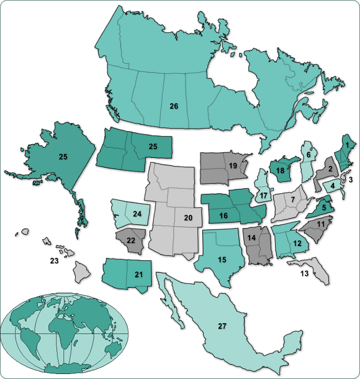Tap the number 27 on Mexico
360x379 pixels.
(222, 326)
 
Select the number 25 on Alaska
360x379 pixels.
(63, 157)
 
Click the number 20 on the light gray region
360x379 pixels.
(188, 217)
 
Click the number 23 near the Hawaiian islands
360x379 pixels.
(54, 261)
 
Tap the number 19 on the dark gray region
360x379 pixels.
(233, 166)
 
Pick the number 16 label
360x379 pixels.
(223, 216)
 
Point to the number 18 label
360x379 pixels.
(280, 171)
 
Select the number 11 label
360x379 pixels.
(320, 223)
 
